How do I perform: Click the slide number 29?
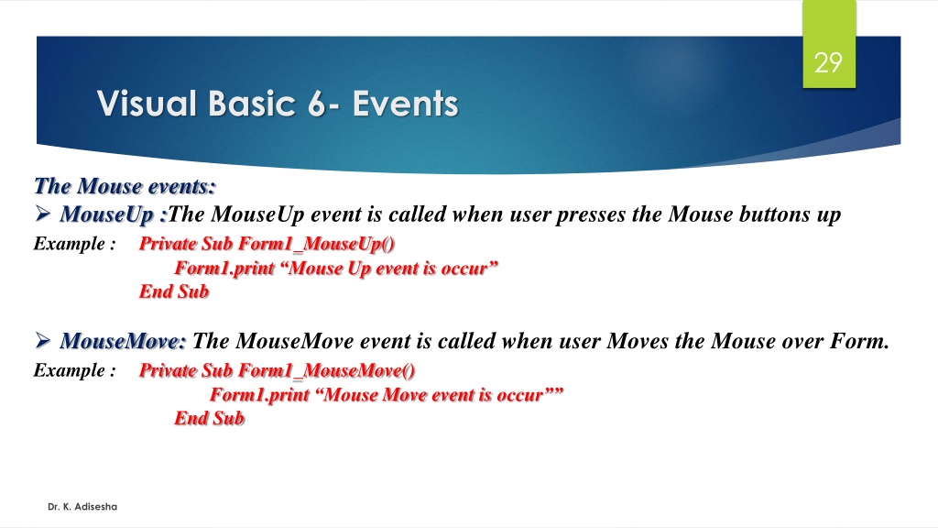click(828, 63)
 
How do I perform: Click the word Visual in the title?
click(147, 104)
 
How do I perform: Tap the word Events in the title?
click(406, 104)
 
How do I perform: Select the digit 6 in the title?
click(316, 104)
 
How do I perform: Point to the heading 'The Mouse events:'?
click(125, 186)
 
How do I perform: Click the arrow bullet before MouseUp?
click(42, 213)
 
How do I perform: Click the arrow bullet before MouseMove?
click(42, 340)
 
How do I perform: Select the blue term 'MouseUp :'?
click(113, 214)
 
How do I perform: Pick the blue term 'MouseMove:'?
click(124, 341)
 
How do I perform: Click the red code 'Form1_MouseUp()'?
click(316, 244)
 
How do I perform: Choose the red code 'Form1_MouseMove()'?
click(327, 370)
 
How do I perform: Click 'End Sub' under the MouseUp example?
click(174, 291)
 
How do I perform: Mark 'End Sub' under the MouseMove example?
click(210, 418)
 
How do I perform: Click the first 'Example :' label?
click(75, 244)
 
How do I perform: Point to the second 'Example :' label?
click(75, 370)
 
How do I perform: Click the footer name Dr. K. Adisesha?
click(82, 506)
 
